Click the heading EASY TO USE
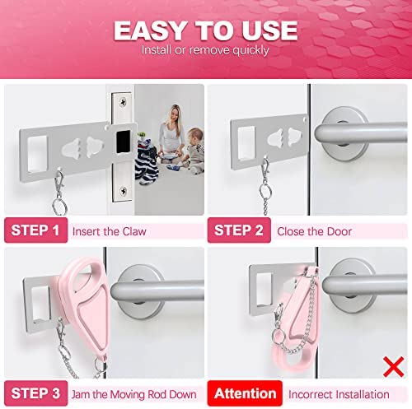[206, 30]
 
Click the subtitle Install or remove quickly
[205, 50]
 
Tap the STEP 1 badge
[35, 230]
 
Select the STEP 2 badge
[239, 230]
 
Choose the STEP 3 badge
[35, 393]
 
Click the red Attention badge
[245, 393]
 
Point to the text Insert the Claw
[109, 231]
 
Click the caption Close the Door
[314, 231]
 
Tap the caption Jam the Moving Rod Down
[134, 394]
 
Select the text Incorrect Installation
[339, 394]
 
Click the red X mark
[394, 367]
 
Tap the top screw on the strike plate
[123, 102]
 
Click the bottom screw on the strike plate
[123, 190]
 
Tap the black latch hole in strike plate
[124, 142]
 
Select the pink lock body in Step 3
[86, 306]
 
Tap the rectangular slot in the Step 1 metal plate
[38, 154]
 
